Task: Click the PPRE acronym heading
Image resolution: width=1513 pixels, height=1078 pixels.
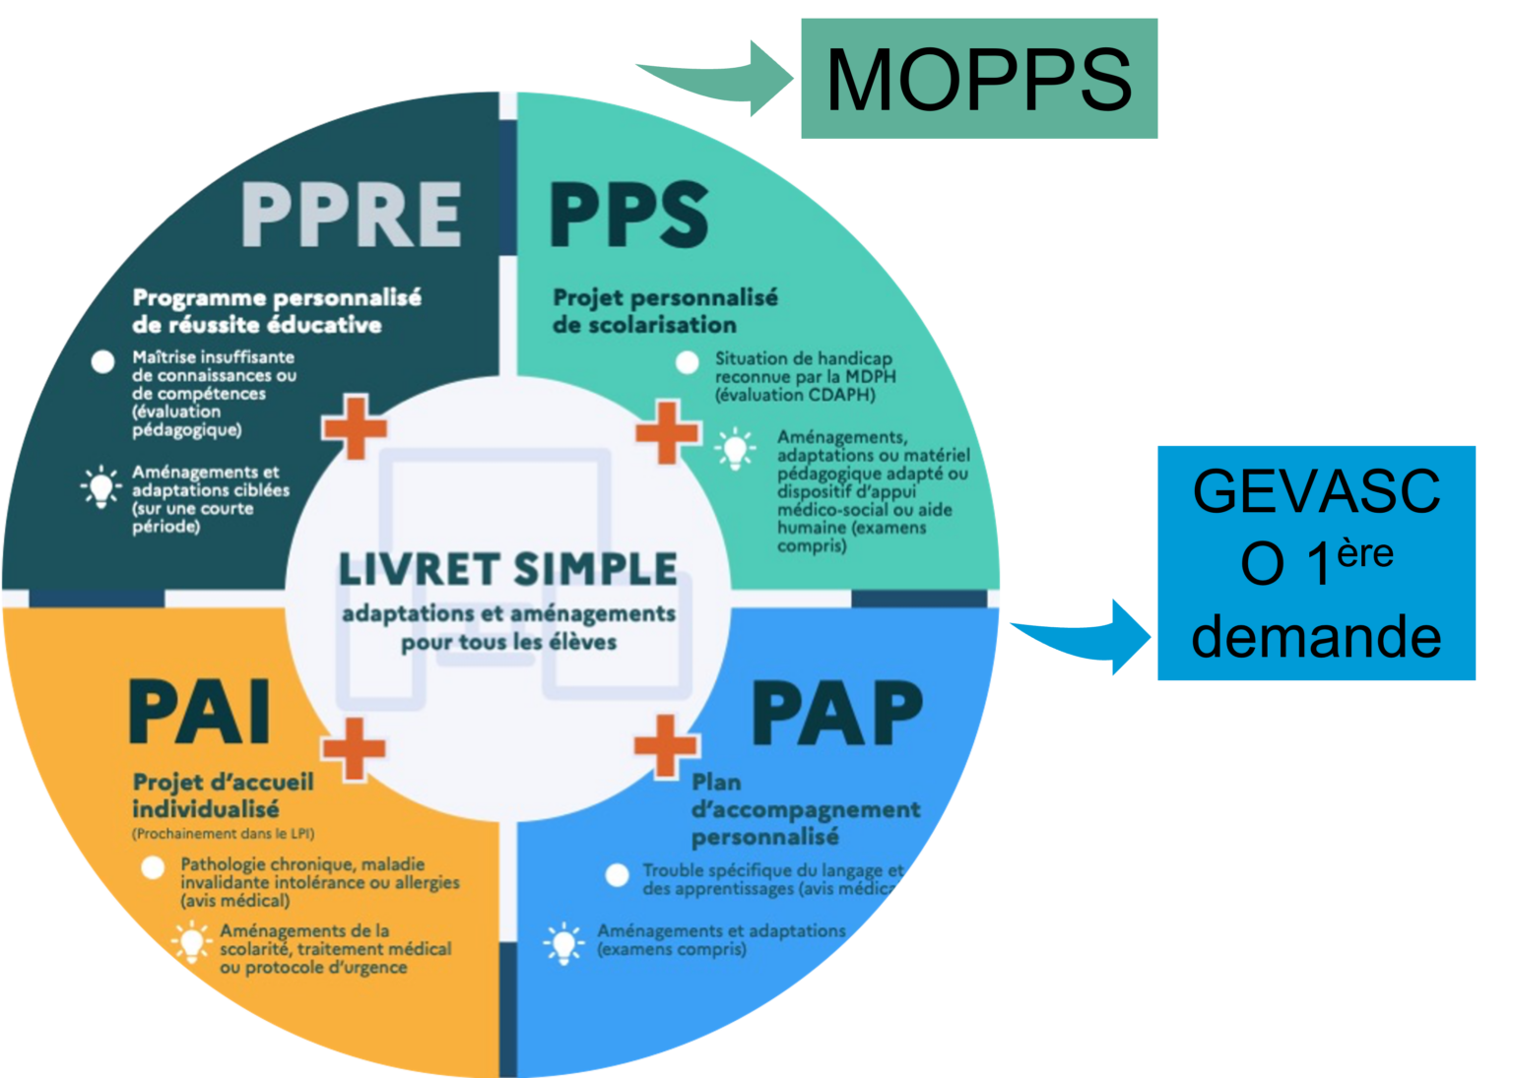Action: (x=352, y=214)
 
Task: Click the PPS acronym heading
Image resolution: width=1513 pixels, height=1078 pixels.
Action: (x=628, y=214)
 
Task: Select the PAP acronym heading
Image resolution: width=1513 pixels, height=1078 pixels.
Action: (x=837, y=714)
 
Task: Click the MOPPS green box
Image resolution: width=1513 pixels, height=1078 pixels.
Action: (x=978, y=79)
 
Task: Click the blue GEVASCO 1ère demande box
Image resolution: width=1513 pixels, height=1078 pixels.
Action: (x=1316, y=563)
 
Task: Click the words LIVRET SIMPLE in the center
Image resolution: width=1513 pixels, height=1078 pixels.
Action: (x=508, y=569)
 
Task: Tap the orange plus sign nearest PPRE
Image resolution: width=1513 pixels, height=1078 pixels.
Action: (x=355, y=426)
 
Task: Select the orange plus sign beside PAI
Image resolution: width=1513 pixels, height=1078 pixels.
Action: (x=353, y=748)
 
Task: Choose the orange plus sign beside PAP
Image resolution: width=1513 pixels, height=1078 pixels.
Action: (x=667, y=745)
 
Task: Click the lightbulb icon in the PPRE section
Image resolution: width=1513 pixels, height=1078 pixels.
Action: (x=99, y=487)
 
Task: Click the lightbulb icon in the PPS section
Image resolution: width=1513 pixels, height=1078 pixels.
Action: (x=735, y=449)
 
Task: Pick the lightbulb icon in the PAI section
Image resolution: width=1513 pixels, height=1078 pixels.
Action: (x=191, y=943)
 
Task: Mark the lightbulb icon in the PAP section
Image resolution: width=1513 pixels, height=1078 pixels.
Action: (x=563, y=943)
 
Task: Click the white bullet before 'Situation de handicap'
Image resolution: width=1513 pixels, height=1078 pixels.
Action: (x=688, y=362)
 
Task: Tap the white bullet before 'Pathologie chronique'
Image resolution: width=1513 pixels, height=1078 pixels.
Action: (x=153, y=868)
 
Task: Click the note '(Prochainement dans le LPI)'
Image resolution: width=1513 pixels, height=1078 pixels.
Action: (x=224, y=834)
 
